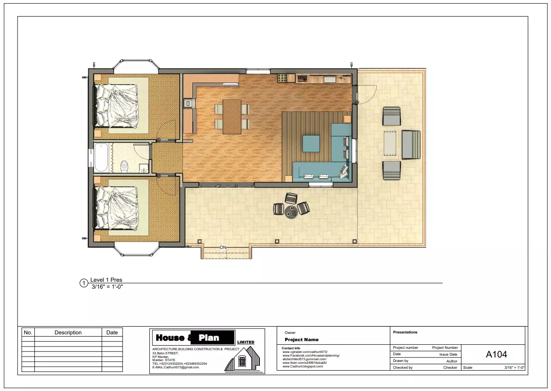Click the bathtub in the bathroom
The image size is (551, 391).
[101, 157]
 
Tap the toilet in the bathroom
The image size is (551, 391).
[124, 167]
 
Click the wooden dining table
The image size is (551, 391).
[232, 116]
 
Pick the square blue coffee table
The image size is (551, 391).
[311, 144]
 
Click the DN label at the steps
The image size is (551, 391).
[223, 247]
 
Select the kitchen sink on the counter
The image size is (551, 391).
[329, 79]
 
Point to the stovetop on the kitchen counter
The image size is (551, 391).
[302, 79]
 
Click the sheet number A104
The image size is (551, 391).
[496, 354]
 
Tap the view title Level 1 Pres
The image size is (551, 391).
[106, 280]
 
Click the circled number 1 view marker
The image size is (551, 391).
[83, 284]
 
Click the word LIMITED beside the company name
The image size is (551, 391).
[245, 342]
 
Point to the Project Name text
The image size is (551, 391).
[302, 339]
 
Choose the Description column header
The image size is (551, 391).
[68, 333]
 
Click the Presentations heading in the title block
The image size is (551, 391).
[405, 332]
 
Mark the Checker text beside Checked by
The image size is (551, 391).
[450, 367]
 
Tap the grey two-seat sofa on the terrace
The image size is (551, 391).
[411, 145]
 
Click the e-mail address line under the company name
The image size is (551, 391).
[176, 367]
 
